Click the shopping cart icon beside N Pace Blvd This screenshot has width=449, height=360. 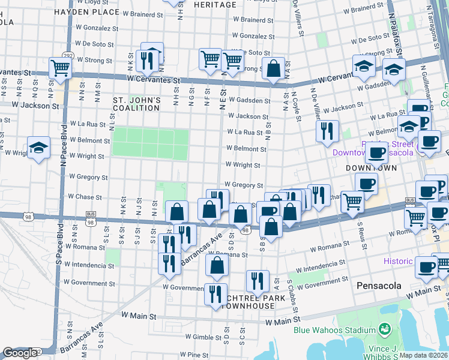coord(61,67)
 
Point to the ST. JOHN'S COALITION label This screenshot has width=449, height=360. coord(137,103)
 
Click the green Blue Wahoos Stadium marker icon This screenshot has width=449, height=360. coord(384,329)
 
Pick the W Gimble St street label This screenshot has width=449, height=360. coord(205,337)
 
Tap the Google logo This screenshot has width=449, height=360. coord(20,353)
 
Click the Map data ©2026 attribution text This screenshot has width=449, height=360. coord(424,355)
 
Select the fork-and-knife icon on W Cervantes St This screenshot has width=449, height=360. coord(145,60)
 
